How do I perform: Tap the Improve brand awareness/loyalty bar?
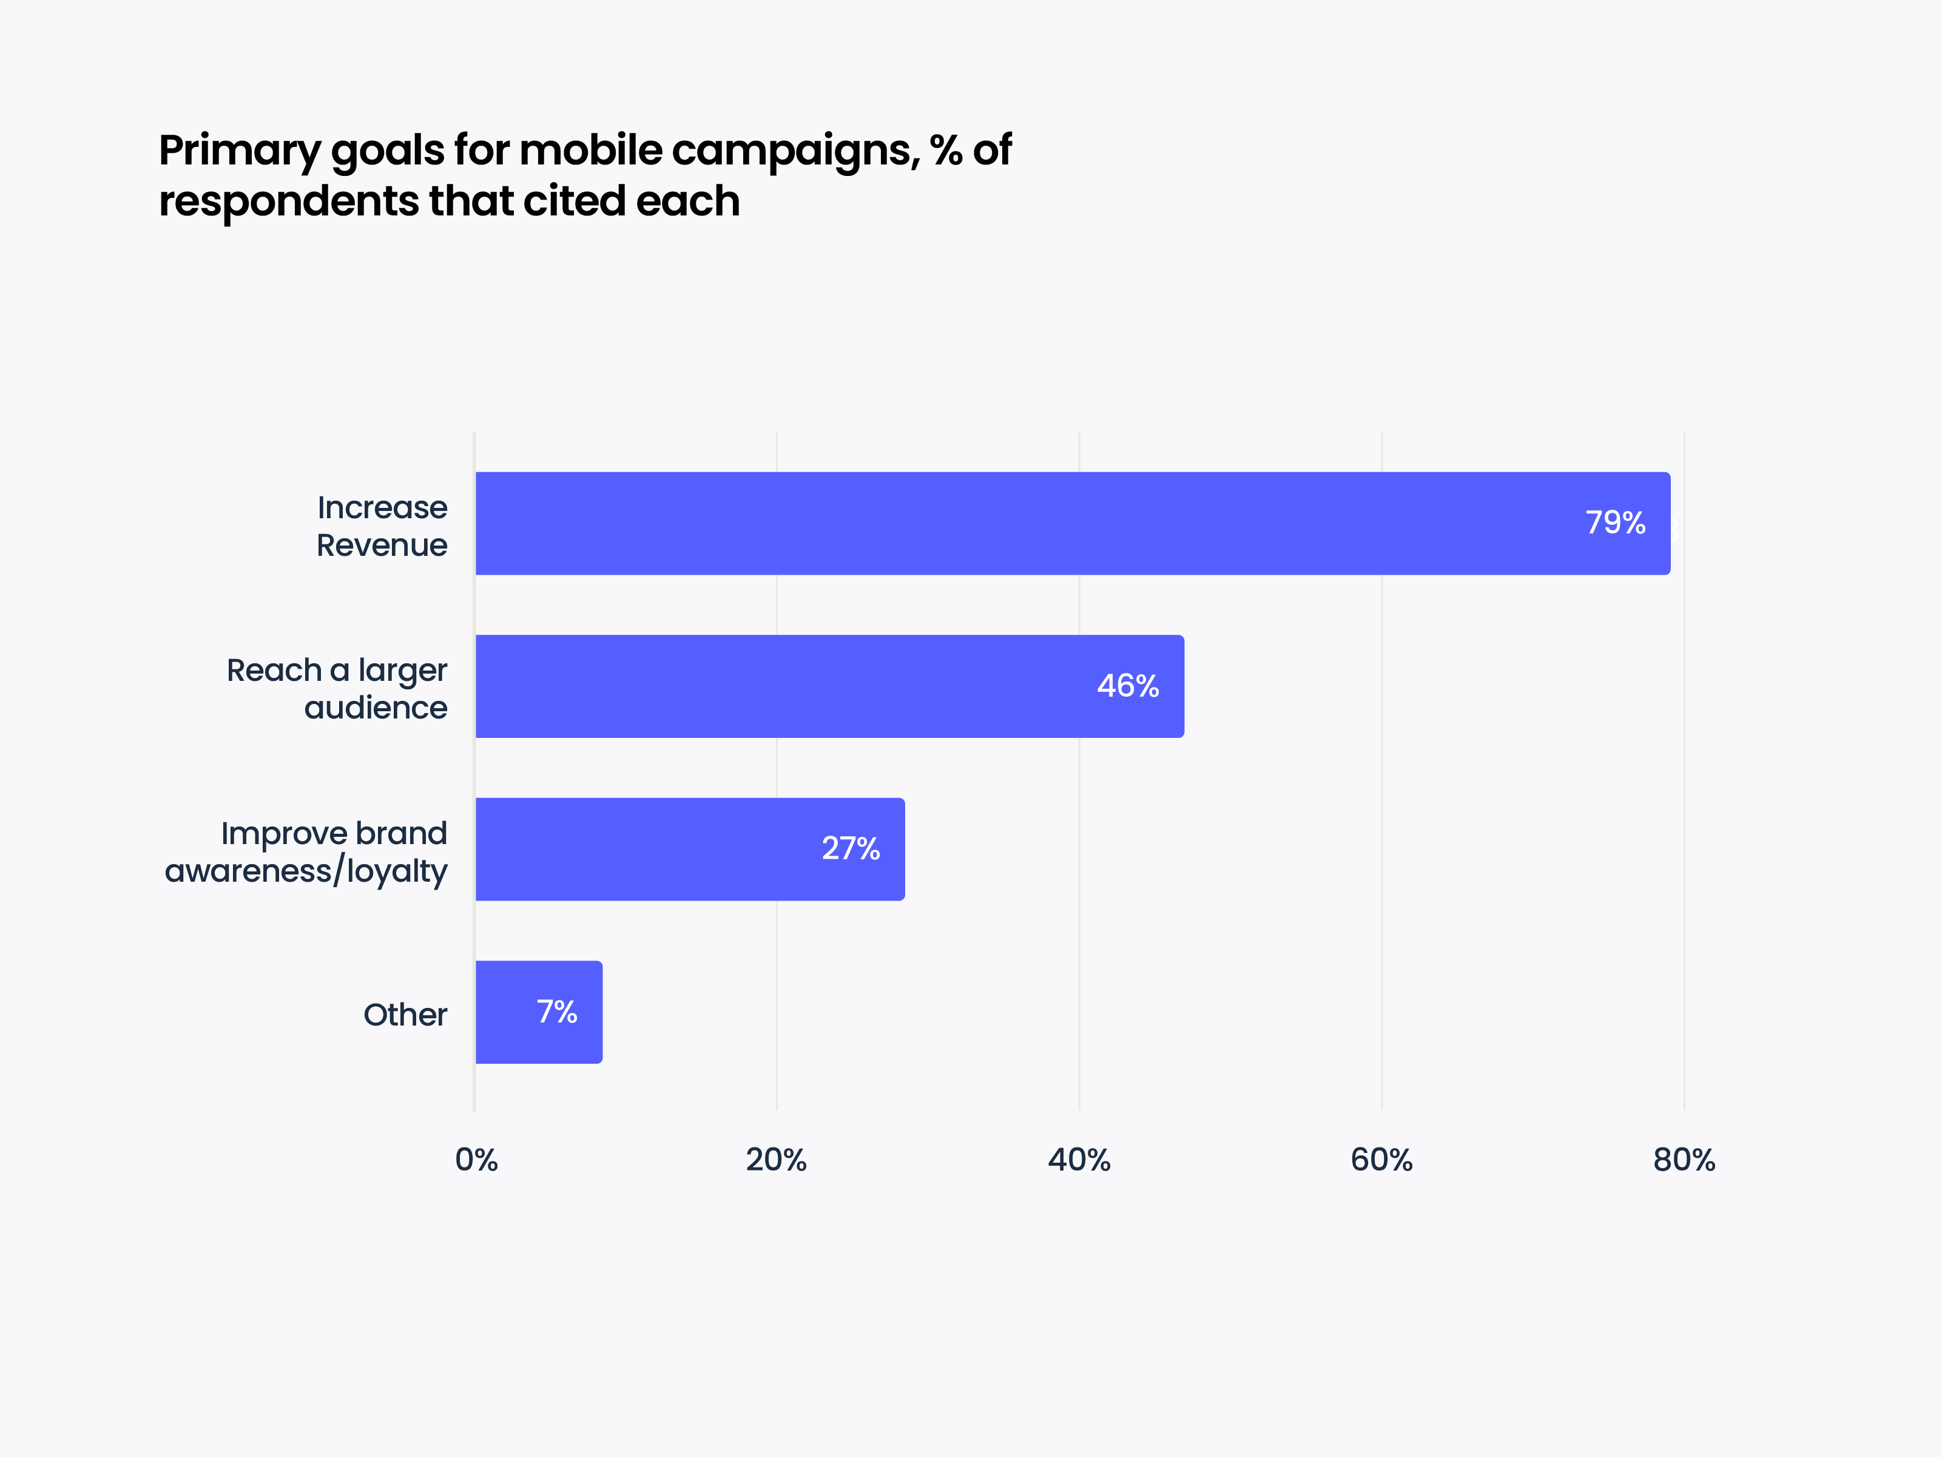689,849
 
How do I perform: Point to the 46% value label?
1127,686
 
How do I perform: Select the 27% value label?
850,848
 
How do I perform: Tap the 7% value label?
556,1012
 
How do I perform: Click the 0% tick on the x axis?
476,1160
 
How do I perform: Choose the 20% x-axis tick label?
776,1160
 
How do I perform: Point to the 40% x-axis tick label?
1079,1160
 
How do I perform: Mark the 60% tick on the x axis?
1381,1160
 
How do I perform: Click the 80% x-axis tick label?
1683,1160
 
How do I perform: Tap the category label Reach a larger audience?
337,689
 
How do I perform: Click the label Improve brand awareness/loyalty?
306,852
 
